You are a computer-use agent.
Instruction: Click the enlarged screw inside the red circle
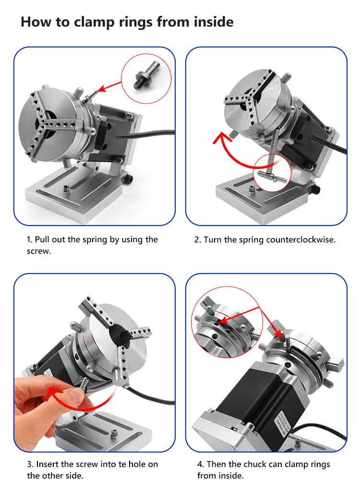click(x=146, y=76)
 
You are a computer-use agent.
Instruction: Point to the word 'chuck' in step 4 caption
click(x=255, y=464)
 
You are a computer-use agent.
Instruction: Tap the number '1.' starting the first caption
click(x=29, y=240)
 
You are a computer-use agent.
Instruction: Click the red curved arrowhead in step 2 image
click(x=221, y=138)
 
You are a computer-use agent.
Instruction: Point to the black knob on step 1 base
click(x=129, y=179)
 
